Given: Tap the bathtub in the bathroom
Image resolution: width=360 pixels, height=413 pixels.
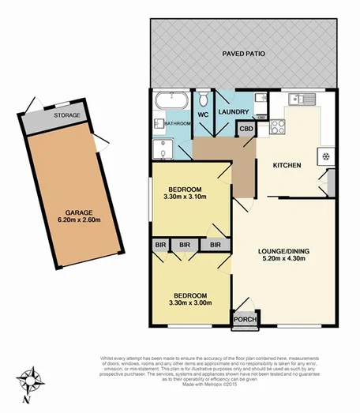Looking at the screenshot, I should point(171,101).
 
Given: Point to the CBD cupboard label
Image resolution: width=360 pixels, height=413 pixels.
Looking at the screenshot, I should point(246,129).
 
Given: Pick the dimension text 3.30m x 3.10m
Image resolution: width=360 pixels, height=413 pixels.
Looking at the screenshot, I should point(186,197).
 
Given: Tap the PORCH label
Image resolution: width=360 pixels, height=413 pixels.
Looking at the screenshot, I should point(242,320).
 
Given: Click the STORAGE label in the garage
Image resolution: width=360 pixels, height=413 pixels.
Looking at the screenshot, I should point(67,115).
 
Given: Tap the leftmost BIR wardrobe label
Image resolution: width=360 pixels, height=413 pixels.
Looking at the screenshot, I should point(160,246).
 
